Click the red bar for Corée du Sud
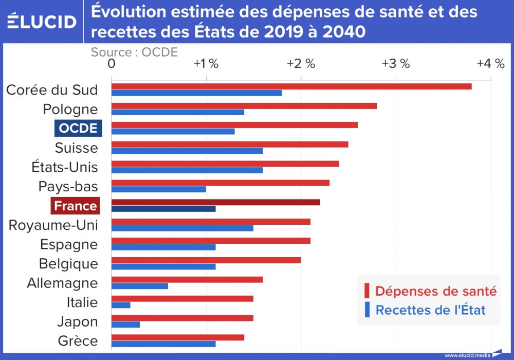[x=291, y=86]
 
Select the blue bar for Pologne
[x=178, y=112]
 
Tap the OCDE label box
[x=78, y=128]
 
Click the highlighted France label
[x=75, y=206]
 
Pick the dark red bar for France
[x=216, y=202]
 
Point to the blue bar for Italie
[x=121, y=305]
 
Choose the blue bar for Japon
[x=125, y=325]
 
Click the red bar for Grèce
[x=178, y=337]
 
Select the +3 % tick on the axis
[x=396, y=64]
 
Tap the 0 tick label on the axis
[x=112, y=64]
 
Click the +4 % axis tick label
[x=490, y=64]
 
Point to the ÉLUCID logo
[x=42, y=21]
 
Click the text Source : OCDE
[x=134, y=52]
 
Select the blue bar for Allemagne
[x=140, y=286]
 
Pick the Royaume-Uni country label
[x=53, y=225]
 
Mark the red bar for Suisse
[x=230, y=144]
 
